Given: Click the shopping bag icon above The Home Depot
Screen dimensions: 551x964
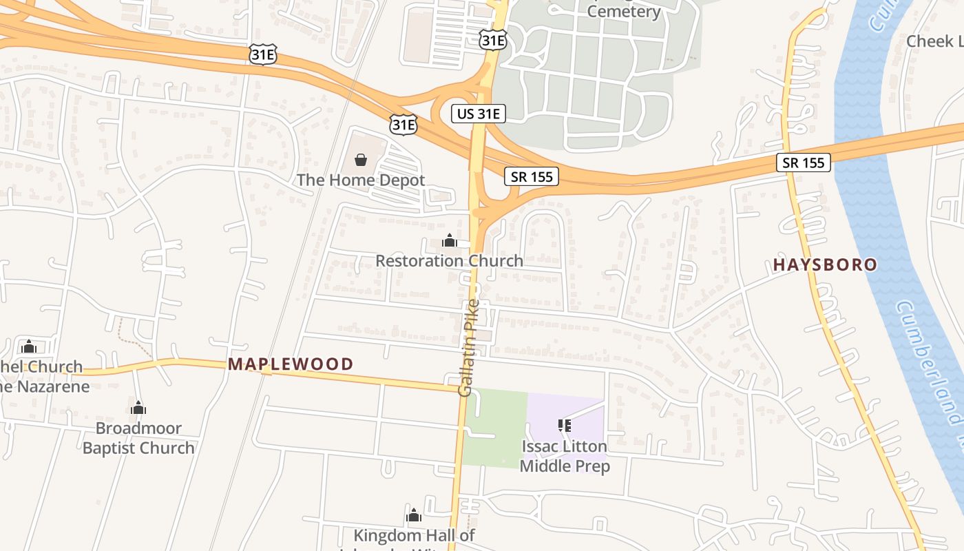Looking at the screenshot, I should pos(360,160).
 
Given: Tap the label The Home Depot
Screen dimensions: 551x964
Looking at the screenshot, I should pos(361,180).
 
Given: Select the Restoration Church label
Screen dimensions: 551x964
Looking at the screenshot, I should pos(449,261).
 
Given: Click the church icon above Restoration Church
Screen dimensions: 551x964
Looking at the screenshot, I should pos(450,240).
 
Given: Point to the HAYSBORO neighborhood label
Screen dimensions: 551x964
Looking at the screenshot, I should pos(825,264).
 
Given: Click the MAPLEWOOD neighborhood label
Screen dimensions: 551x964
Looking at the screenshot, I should pos(291,364).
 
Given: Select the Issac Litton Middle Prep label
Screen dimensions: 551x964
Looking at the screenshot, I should pos(565,456).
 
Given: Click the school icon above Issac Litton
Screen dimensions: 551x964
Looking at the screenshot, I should pos(565,426).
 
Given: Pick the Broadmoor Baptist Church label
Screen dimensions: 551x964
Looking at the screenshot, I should pos(138,438).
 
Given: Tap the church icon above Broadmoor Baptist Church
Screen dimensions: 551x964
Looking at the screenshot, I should pos(138,408).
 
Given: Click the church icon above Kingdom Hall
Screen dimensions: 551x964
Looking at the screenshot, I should pos(414,515).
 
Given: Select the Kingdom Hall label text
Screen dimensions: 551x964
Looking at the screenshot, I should pos(414,536).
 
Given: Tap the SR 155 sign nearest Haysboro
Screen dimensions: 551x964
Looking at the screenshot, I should pos(804,163).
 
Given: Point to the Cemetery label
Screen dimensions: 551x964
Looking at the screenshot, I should pos(624,11).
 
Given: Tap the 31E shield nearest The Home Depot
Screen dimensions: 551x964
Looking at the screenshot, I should pos(403,124).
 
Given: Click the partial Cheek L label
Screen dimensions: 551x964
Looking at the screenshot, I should pos(934,41).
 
